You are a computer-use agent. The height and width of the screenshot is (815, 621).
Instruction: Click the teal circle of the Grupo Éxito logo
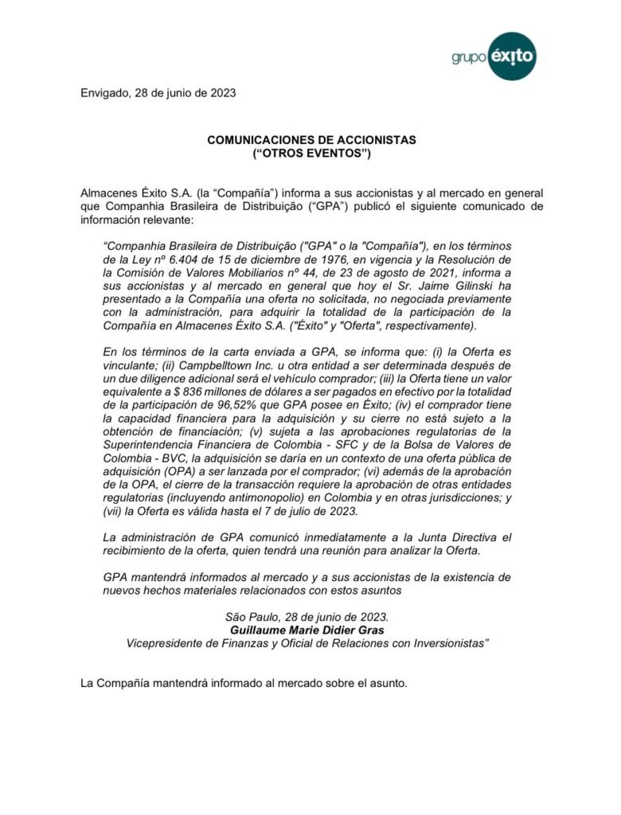(511, 56)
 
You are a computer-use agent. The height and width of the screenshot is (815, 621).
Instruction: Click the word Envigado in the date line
(107, 92)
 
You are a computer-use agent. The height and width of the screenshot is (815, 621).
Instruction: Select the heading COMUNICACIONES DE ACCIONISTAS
(311, 139)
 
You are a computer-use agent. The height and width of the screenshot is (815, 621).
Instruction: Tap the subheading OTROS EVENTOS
(311, 152)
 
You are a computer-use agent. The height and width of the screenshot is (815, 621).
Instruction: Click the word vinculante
(133, 364)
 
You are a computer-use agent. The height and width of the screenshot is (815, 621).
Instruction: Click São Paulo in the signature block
(253, 617)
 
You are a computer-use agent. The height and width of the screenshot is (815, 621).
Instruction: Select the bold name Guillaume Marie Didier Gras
(307, 630)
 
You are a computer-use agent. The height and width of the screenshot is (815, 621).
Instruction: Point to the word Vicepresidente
(168, 643)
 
